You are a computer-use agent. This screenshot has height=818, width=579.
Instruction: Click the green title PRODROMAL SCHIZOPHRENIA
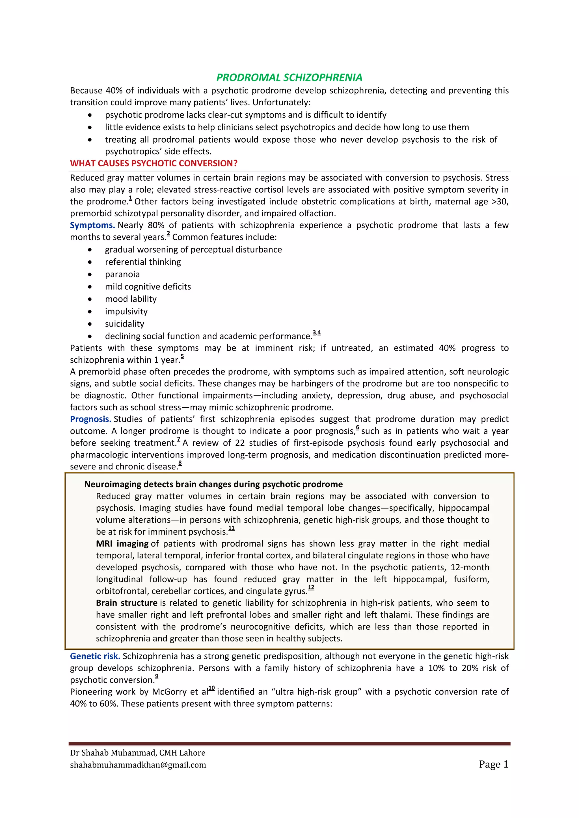[x=289, y=77]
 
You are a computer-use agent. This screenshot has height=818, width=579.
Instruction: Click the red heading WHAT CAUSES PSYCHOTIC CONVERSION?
[x=154, y=163]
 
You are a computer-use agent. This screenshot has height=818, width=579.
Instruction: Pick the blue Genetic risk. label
[x=95, y=656]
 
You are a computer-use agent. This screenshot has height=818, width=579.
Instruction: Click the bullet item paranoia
[x=122, y=274]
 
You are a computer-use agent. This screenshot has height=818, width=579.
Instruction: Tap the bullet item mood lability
[x=131, y=299]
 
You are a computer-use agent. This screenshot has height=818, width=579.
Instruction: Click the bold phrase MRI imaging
[x=122, y=543]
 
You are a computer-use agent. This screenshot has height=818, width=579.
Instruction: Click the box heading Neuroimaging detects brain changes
[x=213, y=484]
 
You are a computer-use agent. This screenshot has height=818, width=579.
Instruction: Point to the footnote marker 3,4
[x=317, y=332]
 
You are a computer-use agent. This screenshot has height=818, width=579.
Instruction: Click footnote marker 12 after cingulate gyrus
[x=311, y=588]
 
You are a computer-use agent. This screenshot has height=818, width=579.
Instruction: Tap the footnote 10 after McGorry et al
[x=211, y=688]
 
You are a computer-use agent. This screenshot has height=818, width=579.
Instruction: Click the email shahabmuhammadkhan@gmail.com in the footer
[x=138, y=765]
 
